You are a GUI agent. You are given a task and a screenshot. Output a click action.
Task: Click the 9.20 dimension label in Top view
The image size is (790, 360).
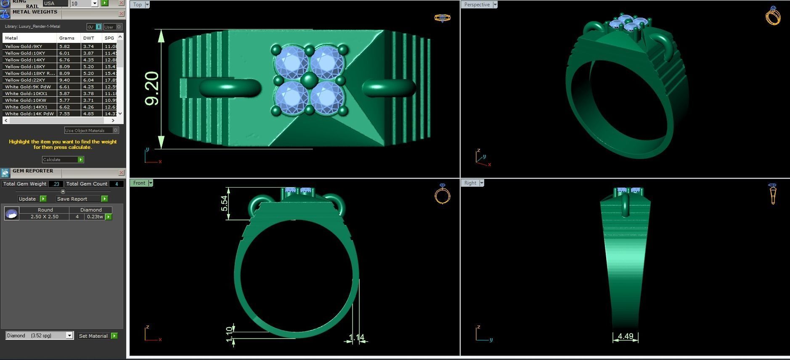point(152,88)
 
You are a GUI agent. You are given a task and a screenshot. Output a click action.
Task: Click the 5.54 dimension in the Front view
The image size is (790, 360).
point(224,203)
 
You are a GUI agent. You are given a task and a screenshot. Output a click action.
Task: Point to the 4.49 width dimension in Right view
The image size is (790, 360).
point(626,336)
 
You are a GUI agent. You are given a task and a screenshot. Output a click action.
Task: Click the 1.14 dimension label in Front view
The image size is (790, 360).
point(356,337)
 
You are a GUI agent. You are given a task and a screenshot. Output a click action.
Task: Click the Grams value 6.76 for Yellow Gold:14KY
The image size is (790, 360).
point(64,60)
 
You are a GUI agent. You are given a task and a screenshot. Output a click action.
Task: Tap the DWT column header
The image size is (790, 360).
point(88,38)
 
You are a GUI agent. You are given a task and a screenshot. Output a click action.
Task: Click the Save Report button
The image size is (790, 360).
point(72,199)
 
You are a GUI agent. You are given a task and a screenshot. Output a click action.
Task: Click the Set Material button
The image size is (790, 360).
point(93,336)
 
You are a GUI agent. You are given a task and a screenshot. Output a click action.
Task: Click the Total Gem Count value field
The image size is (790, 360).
point(117,184)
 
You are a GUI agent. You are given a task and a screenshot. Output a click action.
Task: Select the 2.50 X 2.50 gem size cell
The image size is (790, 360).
point(44,217)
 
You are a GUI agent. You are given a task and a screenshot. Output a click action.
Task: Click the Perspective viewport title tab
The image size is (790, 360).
point(477,5)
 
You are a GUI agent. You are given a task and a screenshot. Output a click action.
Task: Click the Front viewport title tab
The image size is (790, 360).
point(139,183)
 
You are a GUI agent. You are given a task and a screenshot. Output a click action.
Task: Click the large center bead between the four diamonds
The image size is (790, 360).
point(310,79)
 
